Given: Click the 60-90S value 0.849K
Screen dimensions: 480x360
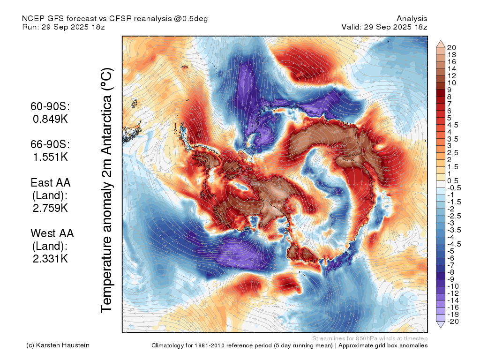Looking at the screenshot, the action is (x=51, y=119).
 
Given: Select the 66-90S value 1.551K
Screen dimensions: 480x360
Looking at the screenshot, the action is (x=51, y=157).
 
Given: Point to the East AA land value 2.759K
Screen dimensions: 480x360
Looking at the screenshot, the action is (x=51, y=208).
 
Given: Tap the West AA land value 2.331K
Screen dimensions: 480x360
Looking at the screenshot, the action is (x=51, y=258).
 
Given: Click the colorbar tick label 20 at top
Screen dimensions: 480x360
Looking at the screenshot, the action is (x=451, y=48).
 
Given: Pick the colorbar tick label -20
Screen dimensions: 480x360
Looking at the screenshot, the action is (x=453, y=322).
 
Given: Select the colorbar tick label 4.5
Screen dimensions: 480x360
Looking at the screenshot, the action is (x=453, y=125).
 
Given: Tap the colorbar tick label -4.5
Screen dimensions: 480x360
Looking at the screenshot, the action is (x=454, y=244).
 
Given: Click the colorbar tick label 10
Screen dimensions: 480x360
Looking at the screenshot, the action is (x=451, y=83).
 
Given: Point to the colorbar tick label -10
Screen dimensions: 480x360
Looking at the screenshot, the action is (x=453, y=286).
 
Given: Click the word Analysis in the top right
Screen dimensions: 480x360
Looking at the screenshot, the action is (x=412, y=19).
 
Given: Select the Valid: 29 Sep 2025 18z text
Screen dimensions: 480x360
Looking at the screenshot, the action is (x=384, y=27).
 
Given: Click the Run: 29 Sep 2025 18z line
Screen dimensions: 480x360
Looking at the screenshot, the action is (x=63, y=27).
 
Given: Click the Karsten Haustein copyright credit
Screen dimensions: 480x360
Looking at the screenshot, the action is (x=58, y=345).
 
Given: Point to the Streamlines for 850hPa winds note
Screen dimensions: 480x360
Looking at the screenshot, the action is (x=370, y=338).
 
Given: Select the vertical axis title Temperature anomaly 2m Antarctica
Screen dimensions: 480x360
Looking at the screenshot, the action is (x=106, y=190).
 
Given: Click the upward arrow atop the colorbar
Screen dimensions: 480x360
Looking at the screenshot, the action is (x=441, y=44).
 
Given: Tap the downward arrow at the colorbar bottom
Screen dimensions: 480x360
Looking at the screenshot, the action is (x=441, y=325).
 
